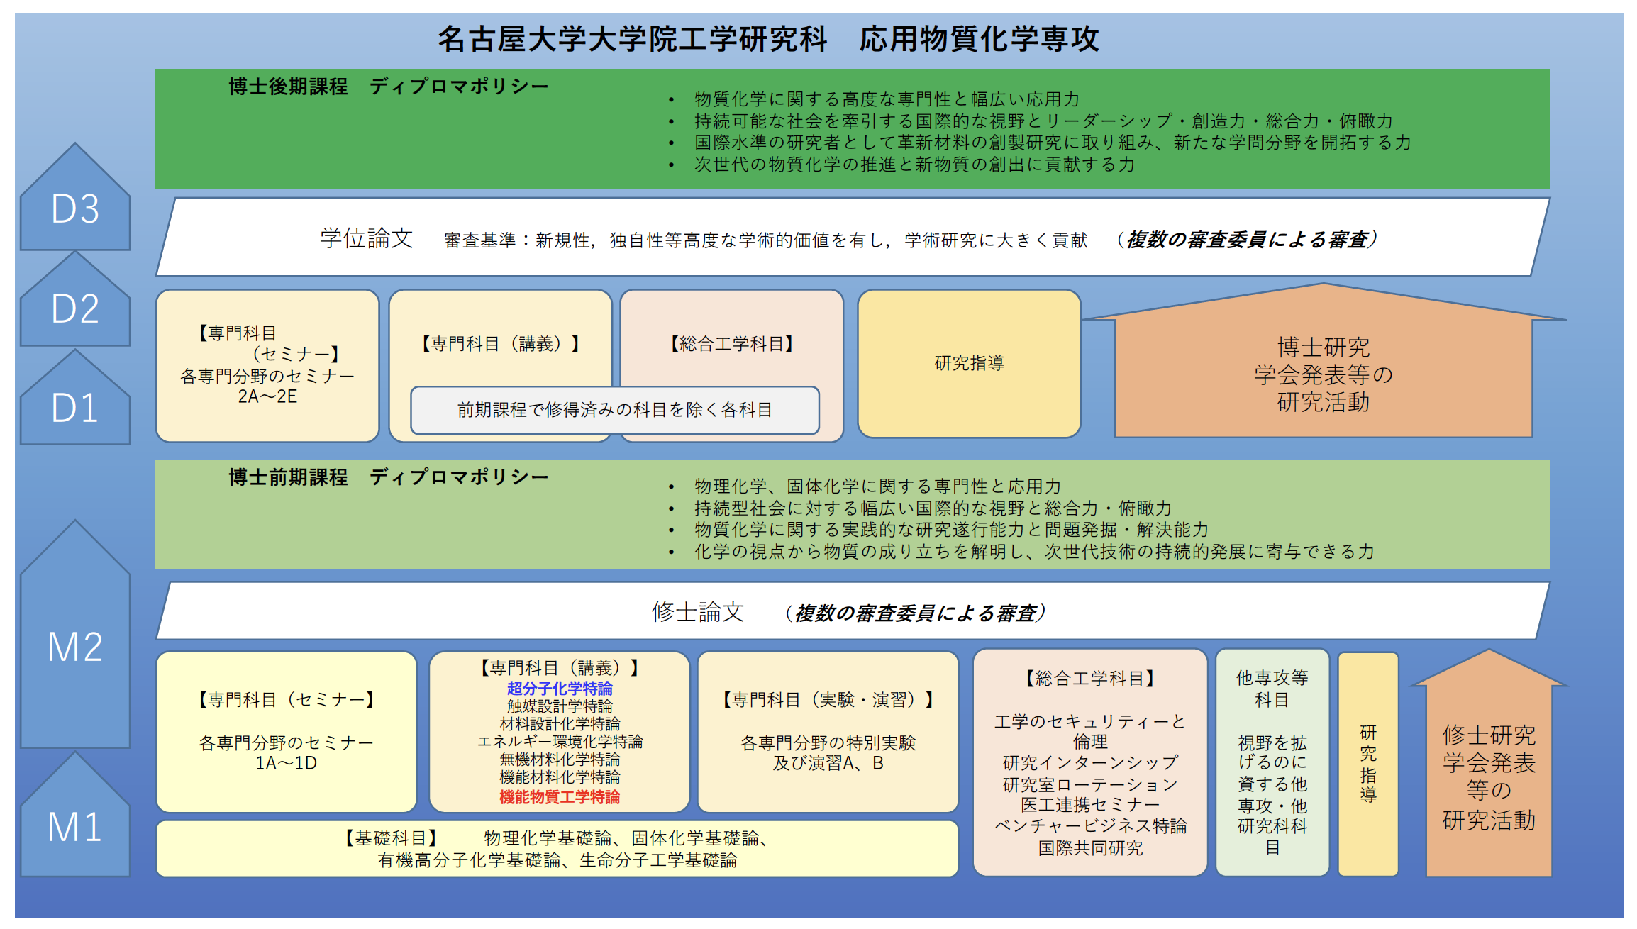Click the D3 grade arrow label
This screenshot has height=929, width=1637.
pyautogui.click(x=75, y=208)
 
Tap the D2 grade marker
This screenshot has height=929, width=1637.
pyautogui.click(x=75, y=308)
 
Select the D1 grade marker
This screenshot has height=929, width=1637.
pyautogui.click(x=75, y=408)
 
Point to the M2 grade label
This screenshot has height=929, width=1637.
pyautogui.click(x=75, y=646)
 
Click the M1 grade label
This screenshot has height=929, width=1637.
pyautogui.click(x=75, y=826)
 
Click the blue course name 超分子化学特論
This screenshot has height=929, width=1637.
pyautogui.click(x=560, y=688)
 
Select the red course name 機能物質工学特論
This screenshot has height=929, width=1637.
pyautogui.click(x=560, y=796)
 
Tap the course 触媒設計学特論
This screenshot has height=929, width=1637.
pyautogui.click(x=560, y=706)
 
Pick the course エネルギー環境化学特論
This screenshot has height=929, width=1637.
pyautogui.click(x=560, y=741)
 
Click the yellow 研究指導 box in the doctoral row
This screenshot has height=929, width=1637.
pyautogui.click(x=969, y=363)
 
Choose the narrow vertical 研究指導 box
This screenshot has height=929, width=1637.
pyautogui.click(x=1368, y=764)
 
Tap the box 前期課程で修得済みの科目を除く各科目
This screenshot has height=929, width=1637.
pyautogui.click(x=615, y=410)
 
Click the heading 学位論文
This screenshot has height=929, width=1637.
pyautogui.click(x=366, y=238)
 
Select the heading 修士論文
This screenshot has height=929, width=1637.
pyautogui.click(x=698, y=611)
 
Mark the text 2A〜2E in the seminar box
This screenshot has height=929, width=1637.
pyautogui.click(x=267, y=396)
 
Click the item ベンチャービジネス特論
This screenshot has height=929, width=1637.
pyautogui.click(x=1090, y=826)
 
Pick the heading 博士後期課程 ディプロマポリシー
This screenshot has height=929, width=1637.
pyautogui.click(x=388, y=87)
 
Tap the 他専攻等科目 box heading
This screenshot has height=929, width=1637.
pyautogui.click(x=1272, y=689)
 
